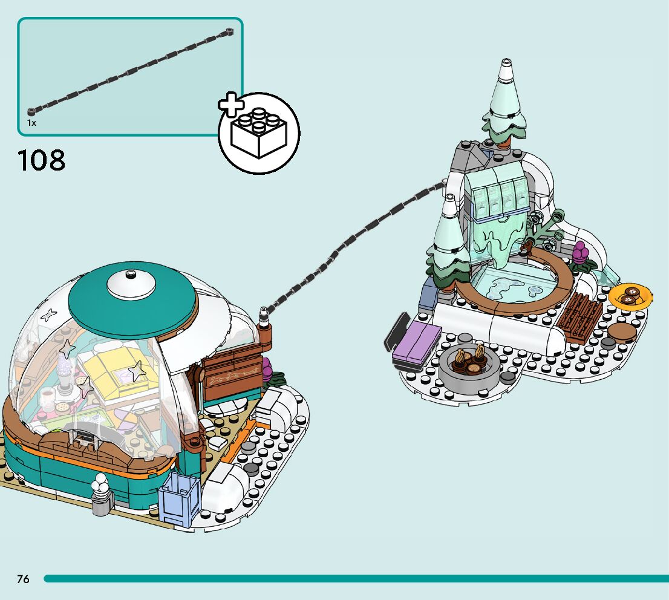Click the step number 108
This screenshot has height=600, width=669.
[x=42, y=160]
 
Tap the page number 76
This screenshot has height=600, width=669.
[x=23, y=579]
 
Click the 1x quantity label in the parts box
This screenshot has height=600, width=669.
[x=31, y=123]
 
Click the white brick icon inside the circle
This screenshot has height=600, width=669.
[x=259, y=134]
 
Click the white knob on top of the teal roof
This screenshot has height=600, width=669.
[x=130, y=282]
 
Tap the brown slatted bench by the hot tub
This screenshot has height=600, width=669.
[x=579, y=318]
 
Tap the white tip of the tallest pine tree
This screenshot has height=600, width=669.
[x=506, y=70]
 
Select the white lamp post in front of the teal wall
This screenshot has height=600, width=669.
[x=101, y=493]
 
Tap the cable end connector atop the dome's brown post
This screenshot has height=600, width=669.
[x=264, y=315]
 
